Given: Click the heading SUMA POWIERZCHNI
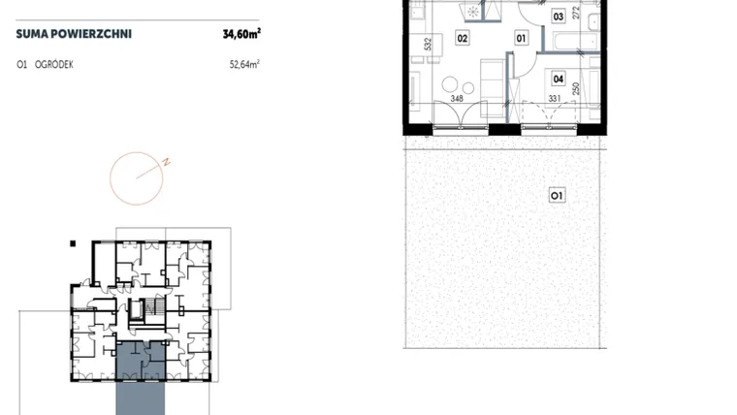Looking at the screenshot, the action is coord(74,34).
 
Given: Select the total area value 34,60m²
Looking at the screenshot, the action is coord(241,33).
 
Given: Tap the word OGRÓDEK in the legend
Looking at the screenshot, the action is coord(54,64).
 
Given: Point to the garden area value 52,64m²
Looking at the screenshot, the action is coord(244,64).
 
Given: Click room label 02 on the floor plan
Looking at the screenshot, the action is coord(462,38).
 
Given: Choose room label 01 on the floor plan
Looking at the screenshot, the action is coord(521,38).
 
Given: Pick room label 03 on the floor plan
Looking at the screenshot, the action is coord(558,16).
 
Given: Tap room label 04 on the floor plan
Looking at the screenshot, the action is coord(558,79).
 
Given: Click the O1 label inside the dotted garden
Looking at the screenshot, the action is coord(557,195).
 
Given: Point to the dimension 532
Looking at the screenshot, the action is coord(428,45).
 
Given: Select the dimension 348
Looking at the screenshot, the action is coord(457,98).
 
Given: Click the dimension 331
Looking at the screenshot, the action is coord(555,98).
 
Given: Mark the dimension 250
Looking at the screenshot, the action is coord(576,89).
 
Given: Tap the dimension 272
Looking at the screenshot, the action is coord(576,13).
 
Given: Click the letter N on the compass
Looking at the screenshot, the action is coord(166,163).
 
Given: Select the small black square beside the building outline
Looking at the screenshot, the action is coord(73,243).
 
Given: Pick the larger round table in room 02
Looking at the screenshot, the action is coord(450,84).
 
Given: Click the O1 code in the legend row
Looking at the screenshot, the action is coord(21,64).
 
